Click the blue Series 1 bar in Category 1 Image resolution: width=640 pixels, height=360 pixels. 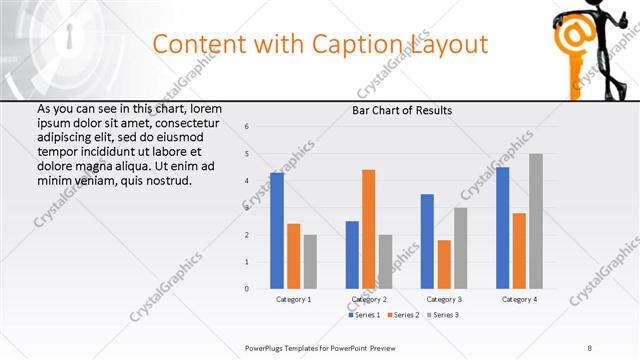(x=277, y=231)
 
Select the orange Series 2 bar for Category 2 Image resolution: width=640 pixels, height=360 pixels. (x=368, y=229)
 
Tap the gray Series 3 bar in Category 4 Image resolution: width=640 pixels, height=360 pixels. (x=536, y=221)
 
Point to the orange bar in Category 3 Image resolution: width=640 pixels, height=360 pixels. (x=444, y=264)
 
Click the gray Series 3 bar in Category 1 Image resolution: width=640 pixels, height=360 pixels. (x=310, y=262)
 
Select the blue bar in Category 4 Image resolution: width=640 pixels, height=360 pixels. (x=502, y=228)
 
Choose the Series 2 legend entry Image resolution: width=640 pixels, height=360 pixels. (x=404, y=315)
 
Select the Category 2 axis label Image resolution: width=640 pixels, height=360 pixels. (x=368, y=300)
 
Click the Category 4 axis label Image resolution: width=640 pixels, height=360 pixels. (x=519, y=300)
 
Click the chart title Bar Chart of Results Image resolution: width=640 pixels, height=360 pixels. (x=402, y=110)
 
